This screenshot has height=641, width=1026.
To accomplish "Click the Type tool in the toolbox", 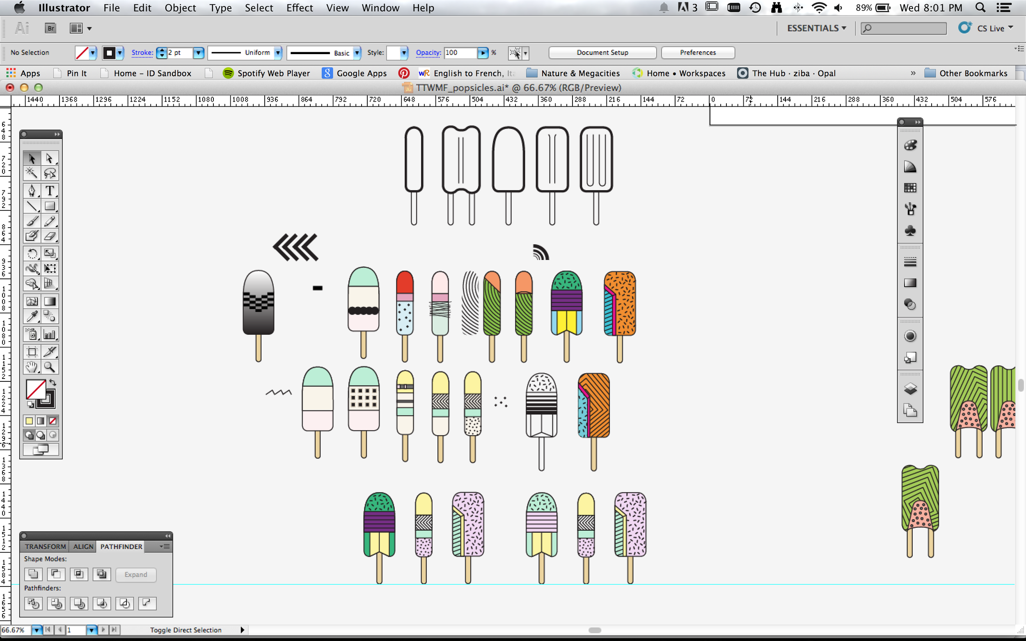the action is [x=50, y=191].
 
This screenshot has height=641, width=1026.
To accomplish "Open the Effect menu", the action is [x=300, y=8].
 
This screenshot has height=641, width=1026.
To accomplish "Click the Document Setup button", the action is [x=602, y=52].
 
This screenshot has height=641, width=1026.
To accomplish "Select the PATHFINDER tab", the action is [x=121, y=546].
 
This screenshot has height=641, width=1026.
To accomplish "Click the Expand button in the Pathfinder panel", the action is [x=136, y=575].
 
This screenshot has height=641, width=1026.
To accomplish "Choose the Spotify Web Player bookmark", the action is [x=267, y=73].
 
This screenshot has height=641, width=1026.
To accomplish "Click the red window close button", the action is [x=10, y=88].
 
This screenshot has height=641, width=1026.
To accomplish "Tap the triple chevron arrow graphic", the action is [x=295, y=247].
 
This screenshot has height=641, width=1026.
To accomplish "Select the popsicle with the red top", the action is [x=405, y=315].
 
